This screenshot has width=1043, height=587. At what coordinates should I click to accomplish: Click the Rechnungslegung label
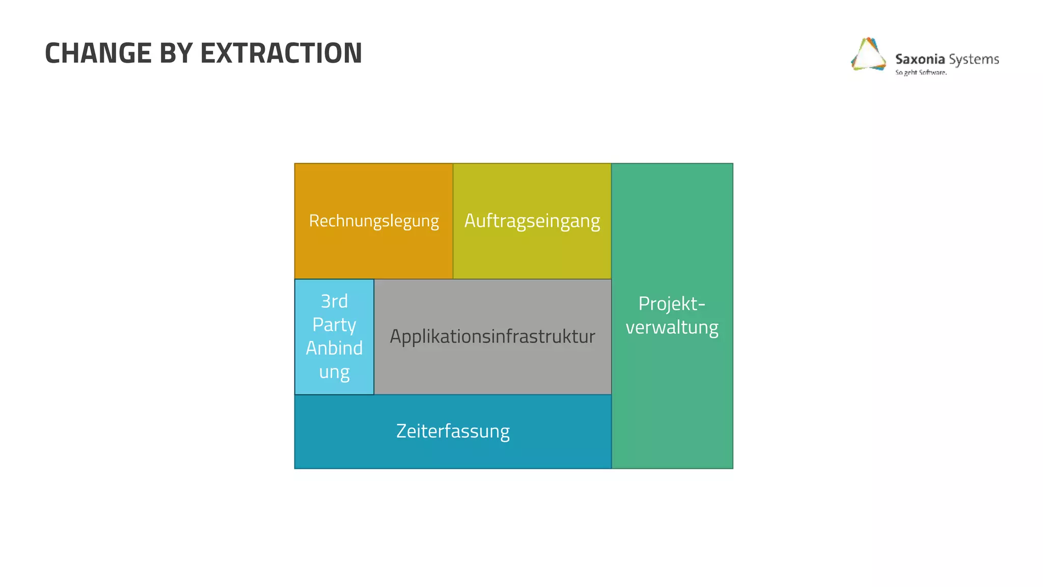click(x=374, y=221)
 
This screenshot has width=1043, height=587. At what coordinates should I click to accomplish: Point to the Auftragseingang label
click(x=532, y=221)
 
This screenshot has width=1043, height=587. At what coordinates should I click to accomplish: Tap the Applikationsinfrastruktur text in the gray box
click(x=492, y=336)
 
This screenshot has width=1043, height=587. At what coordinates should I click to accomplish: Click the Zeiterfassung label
click(x=453, y=431)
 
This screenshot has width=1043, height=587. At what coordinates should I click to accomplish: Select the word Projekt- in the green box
click(x=672, y=304)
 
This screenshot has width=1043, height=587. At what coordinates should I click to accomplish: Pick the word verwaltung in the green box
click(x=672, y=327)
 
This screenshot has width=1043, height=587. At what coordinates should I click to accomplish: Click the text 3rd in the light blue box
click(x=334, y=301)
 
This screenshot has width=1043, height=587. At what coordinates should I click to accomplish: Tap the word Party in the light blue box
click(x=334, y=325)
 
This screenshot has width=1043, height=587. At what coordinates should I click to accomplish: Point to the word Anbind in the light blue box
click(x=334, y=348)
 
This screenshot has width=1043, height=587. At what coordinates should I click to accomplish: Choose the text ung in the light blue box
click(x=334, y=371)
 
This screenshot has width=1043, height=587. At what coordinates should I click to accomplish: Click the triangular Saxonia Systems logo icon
click(x=868, y=55)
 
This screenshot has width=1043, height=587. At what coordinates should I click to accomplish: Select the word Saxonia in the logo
click(x=920, y=59)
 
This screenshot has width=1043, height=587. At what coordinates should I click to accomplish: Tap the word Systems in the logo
click(x=974, y=59)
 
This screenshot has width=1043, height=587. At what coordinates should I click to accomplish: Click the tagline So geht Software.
click(x=921, y=72)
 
